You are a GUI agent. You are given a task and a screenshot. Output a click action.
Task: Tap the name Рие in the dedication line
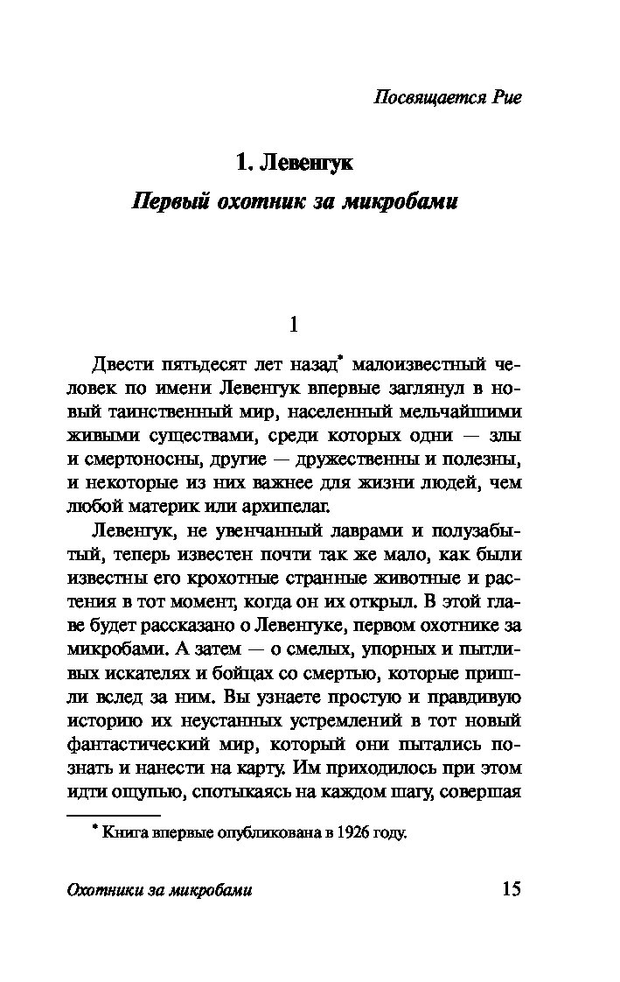(504, 97)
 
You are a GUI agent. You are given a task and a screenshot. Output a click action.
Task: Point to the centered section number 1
(294, 325)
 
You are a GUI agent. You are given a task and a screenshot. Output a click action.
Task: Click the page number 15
(511, 890)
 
